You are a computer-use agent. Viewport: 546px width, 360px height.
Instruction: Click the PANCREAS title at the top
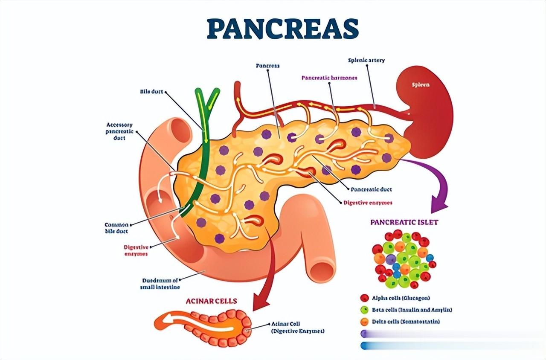click(282, 29)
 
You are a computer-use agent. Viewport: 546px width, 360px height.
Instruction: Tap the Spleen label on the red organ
click(421, 84)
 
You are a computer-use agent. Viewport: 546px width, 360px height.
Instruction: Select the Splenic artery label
click(366, 60)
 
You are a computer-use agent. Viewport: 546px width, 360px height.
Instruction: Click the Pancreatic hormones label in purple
click(329, 78)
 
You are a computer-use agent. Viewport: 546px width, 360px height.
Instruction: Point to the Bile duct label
click(152, 91)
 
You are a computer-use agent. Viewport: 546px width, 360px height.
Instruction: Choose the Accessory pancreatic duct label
click(120, 131)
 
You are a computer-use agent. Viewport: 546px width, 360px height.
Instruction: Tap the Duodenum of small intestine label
click(160, 284)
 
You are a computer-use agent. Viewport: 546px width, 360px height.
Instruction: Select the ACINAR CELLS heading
click(211, 301)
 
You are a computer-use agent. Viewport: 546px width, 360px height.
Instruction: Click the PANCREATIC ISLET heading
click(404, 222)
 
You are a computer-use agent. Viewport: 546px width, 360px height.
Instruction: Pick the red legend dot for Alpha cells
click(364, 298)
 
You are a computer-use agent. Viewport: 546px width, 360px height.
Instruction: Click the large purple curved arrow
click(435, 188)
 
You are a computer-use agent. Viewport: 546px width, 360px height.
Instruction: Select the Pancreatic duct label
click(371, 189)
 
